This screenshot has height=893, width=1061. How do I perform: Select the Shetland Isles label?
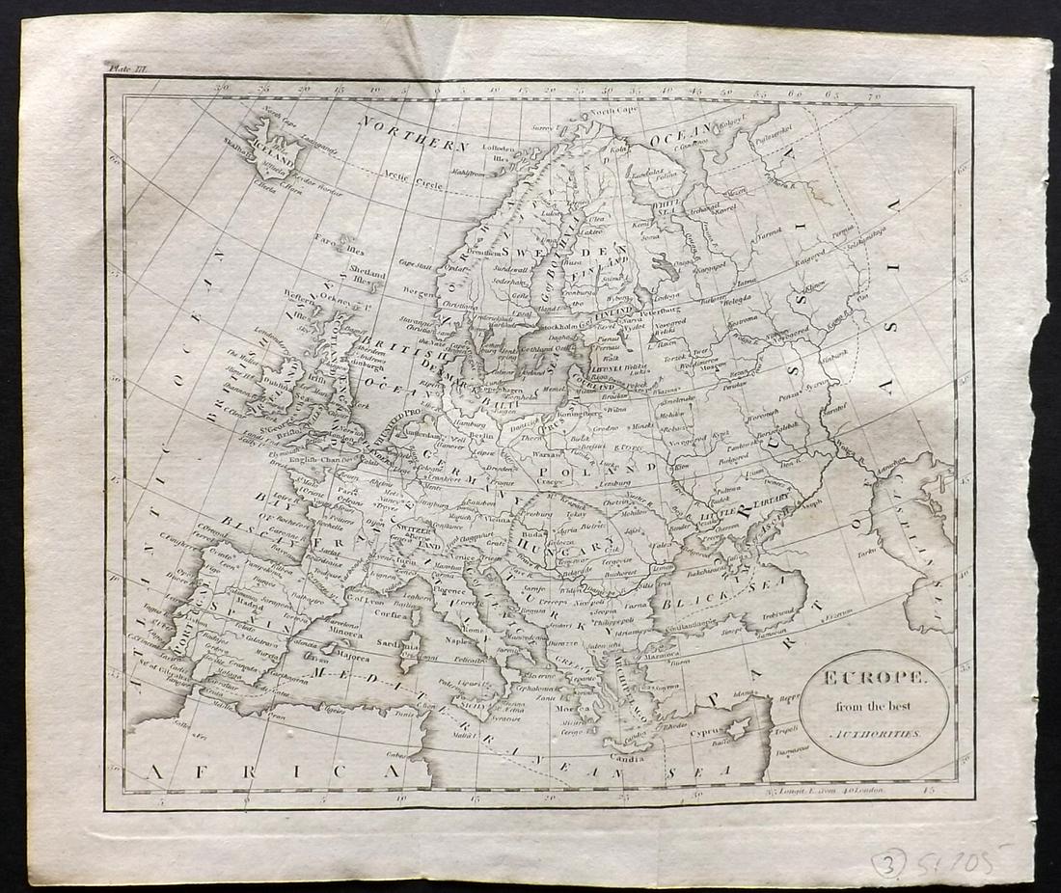coord(367,277)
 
